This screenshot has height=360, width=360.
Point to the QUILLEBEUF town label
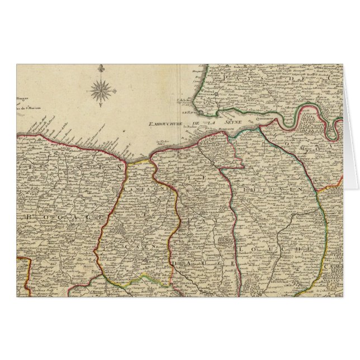[x=266, y=118]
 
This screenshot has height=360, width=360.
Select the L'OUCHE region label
[x=274, y=247]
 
